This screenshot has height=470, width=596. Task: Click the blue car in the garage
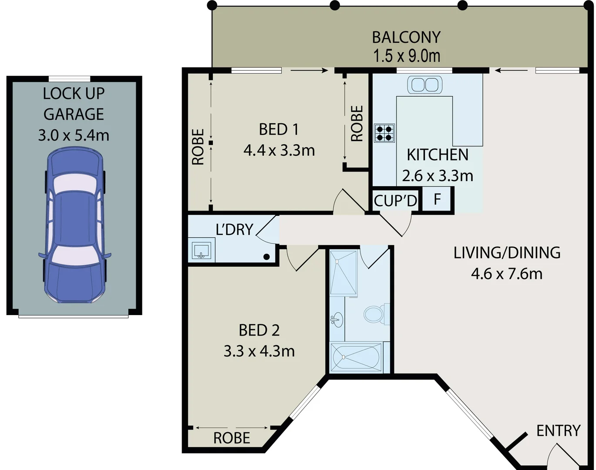click(x=74, y=225)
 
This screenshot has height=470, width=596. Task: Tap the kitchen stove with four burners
click(x=384, y=133)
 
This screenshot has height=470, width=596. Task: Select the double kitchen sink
click(x=424, y=85)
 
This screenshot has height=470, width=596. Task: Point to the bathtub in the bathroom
click(x=356, y=357)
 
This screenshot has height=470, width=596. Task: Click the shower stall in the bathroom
click(x=343, y=273)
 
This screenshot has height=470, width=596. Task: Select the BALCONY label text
click(x=406, y=37)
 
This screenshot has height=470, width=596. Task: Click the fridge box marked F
click(x=437, y=199)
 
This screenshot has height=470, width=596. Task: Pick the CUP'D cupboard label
click(x=395, y=201)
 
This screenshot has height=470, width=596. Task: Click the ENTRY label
click(x=558, y=431)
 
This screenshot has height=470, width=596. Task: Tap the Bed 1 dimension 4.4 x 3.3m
click(x=279, y=151)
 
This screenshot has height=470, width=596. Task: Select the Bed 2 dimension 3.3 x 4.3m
click(x=259, y=351)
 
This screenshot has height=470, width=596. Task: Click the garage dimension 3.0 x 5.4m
click(x=74, y=135)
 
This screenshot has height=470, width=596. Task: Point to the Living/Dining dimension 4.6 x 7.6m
click(x=507, y=274)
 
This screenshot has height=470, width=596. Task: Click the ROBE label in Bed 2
click(x=232, y=438)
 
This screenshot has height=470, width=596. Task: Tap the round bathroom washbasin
click(x=336, y=320)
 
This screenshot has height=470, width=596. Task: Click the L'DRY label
click(x=234, y=229)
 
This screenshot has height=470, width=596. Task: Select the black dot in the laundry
click(x=266, y=257)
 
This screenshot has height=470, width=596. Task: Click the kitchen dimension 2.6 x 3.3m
click(x=437, y=176)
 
